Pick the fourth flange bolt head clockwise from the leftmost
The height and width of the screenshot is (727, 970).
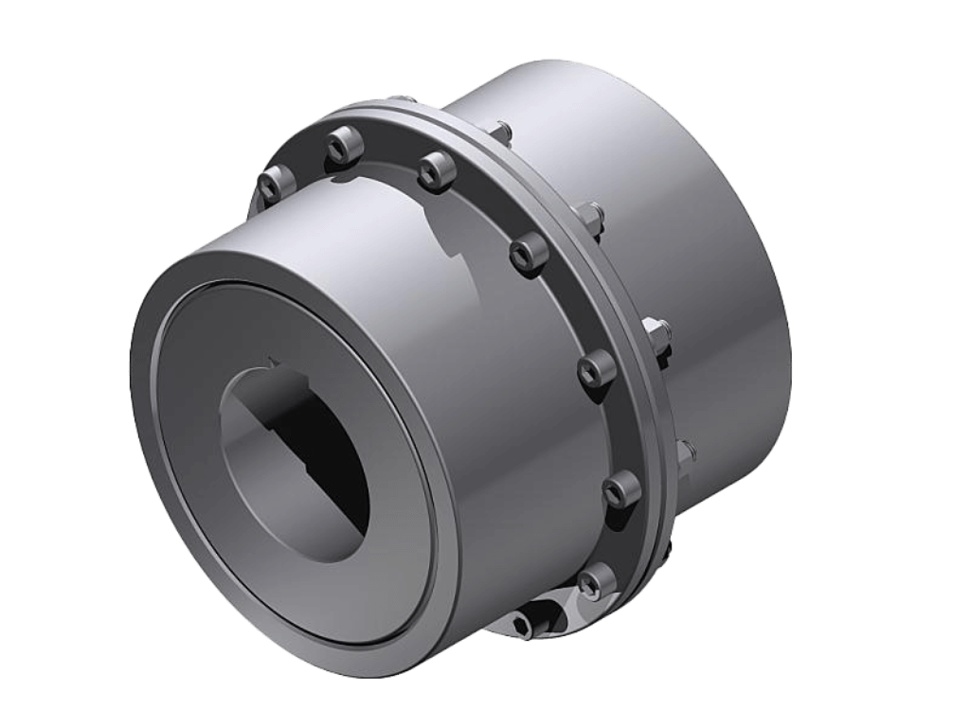[528, 252]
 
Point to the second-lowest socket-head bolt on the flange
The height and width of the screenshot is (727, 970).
[620, 489]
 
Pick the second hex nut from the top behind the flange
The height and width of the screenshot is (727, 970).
[589, 218]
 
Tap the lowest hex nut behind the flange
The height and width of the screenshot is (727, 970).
[684, 452]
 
